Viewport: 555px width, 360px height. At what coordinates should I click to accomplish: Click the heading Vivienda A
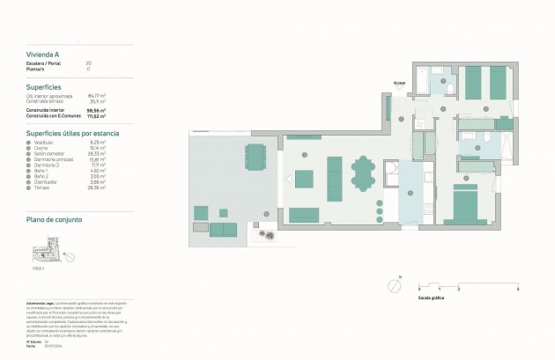click(x=43, y=55)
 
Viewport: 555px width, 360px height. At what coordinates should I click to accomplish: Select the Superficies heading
click(x=44, y=87)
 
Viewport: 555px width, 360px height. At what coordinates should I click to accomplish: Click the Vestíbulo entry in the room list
click(x=42, y=142)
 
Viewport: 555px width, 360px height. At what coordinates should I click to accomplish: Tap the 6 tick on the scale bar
click(x=517, y=289)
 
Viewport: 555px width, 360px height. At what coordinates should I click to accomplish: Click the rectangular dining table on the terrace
click(x=255, y=157)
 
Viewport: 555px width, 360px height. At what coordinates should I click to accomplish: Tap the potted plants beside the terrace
click(x=265, y=235)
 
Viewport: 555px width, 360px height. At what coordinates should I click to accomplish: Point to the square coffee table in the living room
click(x=304, y=180)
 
